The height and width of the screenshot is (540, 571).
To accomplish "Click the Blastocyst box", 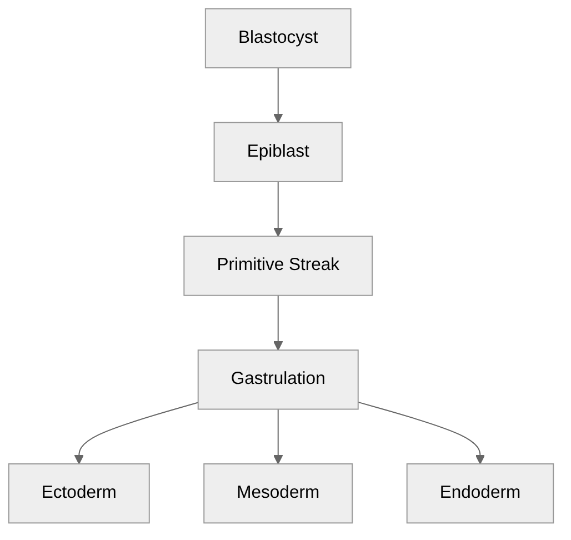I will pyautogui.click(x=278, y=38).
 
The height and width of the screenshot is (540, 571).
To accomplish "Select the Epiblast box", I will pyautogui.click(x=278, y=152).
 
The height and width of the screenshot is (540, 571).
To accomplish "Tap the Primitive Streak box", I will pyautogui.click(x=278, y=266).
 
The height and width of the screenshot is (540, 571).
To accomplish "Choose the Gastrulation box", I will pyautogui.click(x=278, y=379).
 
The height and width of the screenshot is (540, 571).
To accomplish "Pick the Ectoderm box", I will pyautogui.click(x=79, y=493).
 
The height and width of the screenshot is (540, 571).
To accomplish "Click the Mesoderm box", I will pyautogui.click(x=278, y=493).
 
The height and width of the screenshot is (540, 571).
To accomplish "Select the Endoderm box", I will pyautogui.click(x=480, y=493).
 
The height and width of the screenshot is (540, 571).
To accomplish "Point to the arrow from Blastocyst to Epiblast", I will pyautogui.click(x=278, y=92).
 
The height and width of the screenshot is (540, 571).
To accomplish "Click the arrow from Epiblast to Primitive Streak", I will pyautogui.click(x=278, y=206).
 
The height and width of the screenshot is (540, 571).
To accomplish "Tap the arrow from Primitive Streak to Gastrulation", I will pyautogui.click(x=278, y=319).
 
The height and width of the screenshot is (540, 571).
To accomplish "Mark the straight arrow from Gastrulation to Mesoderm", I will pyautogui.click(x=278, y=433).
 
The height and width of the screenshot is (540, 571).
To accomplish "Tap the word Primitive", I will pyautogui.click(x=248, y=264).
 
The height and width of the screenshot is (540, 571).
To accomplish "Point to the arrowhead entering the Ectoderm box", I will pyautogui.click(x=79, y=459).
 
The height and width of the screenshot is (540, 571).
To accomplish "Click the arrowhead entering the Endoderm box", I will pyautogui.click(x=480, y=459).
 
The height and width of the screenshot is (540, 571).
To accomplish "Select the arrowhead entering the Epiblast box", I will pyautogui.click(x=278, y=118).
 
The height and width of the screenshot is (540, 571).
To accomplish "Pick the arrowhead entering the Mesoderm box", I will pyautogui.click(x=278, y=459).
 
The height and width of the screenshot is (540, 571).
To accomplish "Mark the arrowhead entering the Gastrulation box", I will pyautogui.click(x=278, y=346).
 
